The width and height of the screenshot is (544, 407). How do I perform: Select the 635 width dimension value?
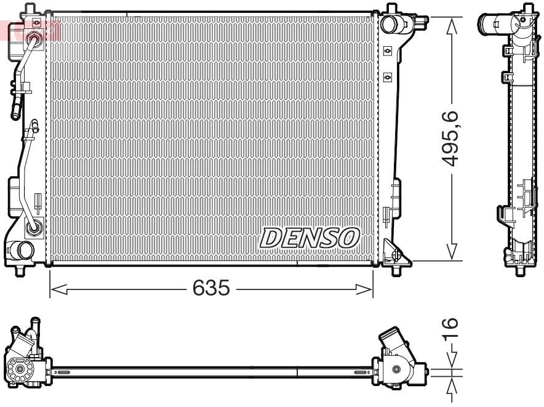211,288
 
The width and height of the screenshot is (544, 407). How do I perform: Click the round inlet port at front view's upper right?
390,24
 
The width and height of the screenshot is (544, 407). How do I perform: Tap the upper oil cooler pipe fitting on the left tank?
34,41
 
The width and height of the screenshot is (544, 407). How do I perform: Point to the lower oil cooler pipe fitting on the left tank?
34,228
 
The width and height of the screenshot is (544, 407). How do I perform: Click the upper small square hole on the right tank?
387,50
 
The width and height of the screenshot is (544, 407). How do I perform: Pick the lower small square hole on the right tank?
387,76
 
